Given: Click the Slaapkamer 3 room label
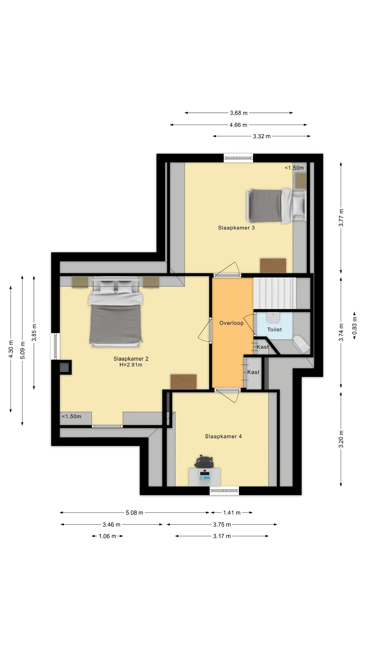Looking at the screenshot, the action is (236, 228).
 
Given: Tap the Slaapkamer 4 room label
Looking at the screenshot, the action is (223, 436).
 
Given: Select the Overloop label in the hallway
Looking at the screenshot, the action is (231, 323).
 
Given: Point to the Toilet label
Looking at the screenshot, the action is (275, 330).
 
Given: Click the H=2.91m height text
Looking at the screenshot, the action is (131, 365).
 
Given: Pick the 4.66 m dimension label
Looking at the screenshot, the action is (238, 125).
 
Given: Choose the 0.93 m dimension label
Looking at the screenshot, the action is (355, 326).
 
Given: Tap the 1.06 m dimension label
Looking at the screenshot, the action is (107, 536).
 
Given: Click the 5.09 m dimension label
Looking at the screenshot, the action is (23, 350).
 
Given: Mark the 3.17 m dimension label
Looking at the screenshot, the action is (222, 536).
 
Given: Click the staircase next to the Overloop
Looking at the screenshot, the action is (275, 293).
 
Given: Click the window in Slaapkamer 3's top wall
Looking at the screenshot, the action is (238, 158).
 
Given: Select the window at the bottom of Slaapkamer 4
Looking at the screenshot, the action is (224, 491).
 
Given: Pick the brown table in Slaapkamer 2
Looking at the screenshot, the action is (184, 382).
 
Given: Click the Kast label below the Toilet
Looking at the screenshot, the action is (262, 347).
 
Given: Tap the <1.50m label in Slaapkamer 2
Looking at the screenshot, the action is (71, 417).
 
